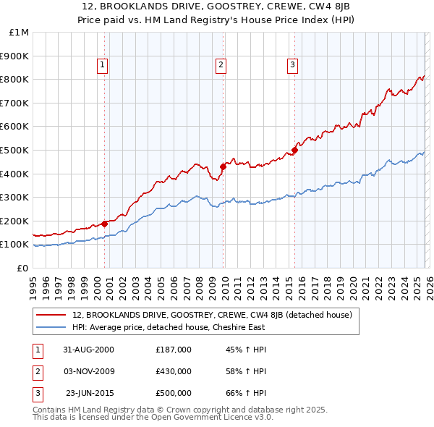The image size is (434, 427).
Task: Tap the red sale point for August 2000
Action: click(105, 224)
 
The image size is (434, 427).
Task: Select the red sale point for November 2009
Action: click(222, 166)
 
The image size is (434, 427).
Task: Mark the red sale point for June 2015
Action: click(294, 150)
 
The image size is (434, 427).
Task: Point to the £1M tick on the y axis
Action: click(20, 32)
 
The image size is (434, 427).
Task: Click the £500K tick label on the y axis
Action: click(16, 150)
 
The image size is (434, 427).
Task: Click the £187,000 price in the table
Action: click(174, 349)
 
